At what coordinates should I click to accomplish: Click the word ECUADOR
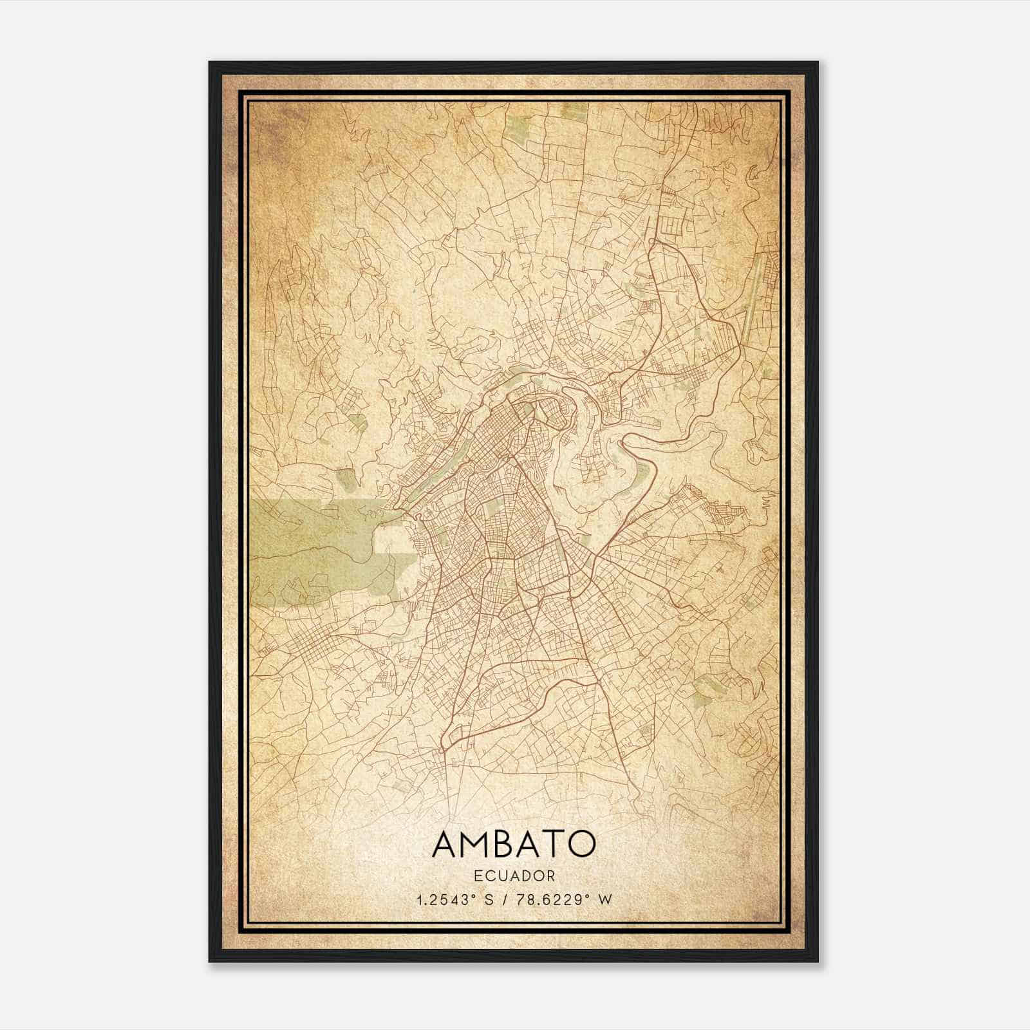click(x=514, y=876)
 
